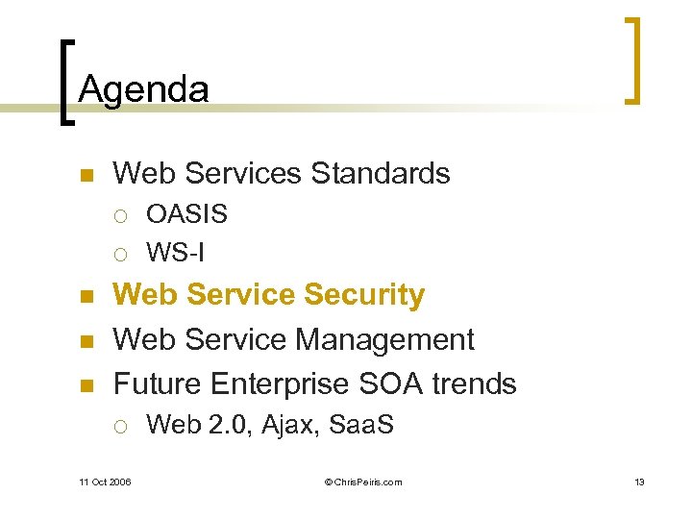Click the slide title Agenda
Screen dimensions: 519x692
click(x=143, y=90)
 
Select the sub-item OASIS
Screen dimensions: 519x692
click(x=186, y=214)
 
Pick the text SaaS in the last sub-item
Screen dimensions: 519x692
click(x=361, y=425)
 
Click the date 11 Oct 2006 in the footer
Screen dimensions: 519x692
click(x=105, y=482)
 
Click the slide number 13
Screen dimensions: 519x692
click(x=639, y=482)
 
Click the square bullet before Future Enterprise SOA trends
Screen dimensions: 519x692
click(x=86, y=385)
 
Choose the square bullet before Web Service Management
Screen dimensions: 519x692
click(x=86, y=341)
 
